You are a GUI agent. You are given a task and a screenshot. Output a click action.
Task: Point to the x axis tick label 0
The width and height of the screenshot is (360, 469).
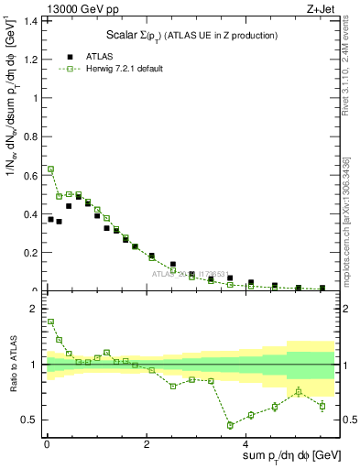coord(46,445)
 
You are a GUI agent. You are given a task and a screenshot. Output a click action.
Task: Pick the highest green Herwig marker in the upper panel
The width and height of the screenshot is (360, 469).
coord(50,169)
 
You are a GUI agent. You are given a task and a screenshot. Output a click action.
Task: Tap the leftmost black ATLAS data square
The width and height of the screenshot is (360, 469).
coord(50,219)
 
